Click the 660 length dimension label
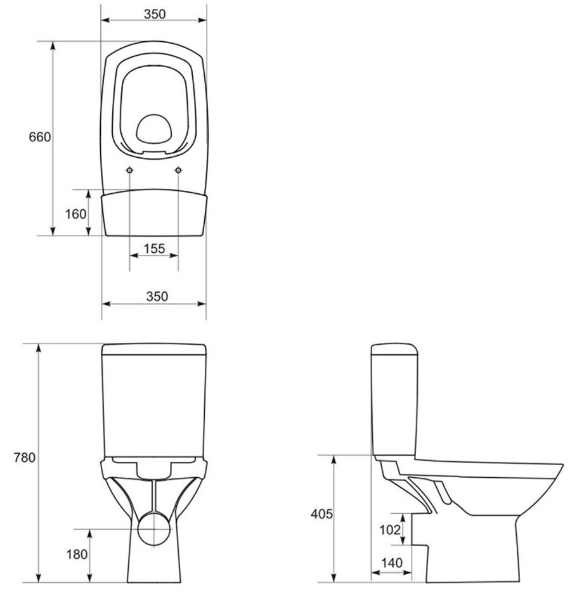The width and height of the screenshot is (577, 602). (39, 137)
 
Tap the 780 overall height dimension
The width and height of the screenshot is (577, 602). (24, 458)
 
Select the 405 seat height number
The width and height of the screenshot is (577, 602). (321, 514)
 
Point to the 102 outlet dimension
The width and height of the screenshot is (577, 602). (390, 530)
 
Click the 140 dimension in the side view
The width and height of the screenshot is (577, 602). (392, 563)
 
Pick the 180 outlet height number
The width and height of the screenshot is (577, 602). (77, 554)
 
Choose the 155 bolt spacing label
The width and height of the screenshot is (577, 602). (154, 248)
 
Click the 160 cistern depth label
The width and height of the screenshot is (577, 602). (75, 214)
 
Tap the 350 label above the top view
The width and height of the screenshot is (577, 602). (155, 14)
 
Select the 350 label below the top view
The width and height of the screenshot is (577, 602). (157, 296)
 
